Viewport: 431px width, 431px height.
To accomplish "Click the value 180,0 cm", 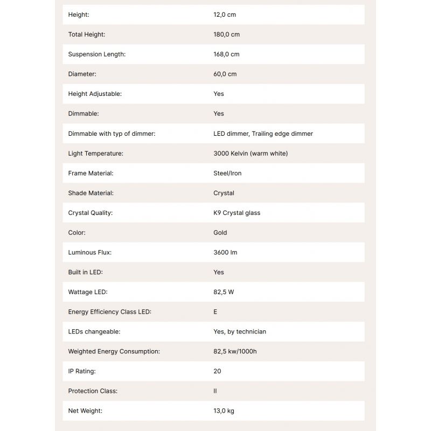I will (226, 34).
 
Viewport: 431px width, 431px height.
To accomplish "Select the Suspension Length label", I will (96, 54).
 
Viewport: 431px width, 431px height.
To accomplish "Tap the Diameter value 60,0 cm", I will (225, 74).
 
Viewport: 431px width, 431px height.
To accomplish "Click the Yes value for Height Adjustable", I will (218, 94).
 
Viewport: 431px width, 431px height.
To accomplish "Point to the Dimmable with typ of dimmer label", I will (112, 134).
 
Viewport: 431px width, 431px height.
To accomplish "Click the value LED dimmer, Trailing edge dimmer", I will (263, 134).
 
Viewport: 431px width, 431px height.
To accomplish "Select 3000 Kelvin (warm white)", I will (251, 154).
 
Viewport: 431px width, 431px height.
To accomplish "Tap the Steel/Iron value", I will (227, 173).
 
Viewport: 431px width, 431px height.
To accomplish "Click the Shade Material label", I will (91, 193).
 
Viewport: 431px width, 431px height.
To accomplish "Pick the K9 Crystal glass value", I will (237, 213).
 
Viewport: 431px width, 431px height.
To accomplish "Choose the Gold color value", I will (220, 233).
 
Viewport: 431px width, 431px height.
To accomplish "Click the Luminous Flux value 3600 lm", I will (225, 252).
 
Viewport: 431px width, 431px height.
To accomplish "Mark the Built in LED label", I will (85, 272).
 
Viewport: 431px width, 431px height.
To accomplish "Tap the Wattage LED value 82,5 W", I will (224, 292).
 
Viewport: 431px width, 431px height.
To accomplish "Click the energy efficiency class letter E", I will (215, 312).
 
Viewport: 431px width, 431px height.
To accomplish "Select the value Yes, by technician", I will (240, 332).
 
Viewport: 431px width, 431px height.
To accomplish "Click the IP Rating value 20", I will (217, 371).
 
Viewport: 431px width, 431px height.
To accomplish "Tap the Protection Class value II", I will (215, 391).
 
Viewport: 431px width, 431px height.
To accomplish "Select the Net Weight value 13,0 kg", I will (224, 411).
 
